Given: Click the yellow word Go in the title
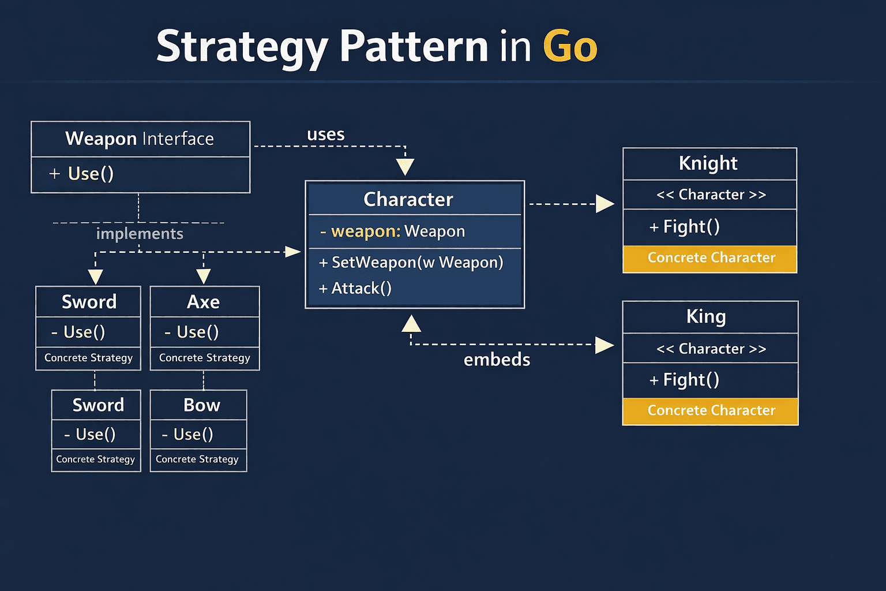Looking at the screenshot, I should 570,46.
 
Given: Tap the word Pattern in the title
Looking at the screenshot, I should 414,46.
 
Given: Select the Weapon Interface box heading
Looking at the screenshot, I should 140,139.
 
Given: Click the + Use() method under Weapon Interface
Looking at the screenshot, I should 82,174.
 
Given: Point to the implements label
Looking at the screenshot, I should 140,234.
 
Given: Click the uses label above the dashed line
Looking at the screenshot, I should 326,134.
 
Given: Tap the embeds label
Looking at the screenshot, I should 497,360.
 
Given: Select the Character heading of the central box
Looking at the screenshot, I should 408,199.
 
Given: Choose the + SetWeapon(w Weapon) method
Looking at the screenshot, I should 411,263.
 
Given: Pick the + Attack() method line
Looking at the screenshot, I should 355,288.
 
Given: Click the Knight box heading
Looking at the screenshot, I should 708,163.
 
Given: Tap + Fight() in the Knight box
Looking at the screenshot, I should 685,227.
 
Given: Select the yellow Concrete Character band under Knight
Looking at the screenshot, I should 711,258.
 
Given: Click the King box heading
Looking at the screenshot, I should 706,316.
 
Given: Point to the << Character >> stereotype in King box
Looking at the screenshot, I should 711,349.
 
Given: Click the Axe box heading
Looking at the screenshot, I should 204,302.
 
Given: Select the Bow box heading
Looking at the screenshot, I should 202,405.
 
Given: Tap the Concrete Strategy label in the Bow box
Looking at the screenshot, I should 197,459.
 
